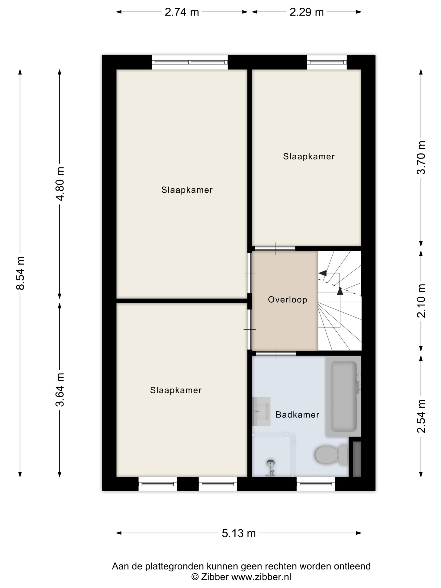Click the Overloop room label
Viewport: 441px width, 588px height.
(287, 300)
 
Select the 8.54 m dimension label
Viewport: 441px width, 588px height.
(20, 273)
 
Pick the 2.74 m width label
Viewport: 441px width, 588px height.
(182, 12)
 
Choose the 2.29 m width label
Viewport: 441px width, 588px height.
(306, 12)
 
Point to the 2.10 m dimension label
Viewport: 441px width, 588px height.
(421, 301)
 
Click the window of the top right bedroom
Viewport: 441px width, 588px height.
(327, 62)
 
